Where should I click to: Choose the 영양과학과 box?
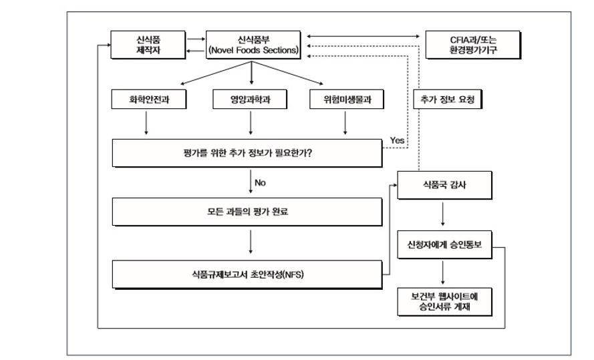point(250,100)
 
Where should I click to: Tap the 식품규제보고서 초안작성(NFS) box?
point(250,274)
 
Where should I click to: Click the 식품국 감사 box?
point(442,185)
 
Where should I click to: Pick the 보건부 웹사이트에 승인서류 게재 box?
point(444,299)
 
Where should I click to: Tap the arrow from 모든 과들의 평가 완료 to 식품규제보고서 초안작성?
point(250,242)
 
